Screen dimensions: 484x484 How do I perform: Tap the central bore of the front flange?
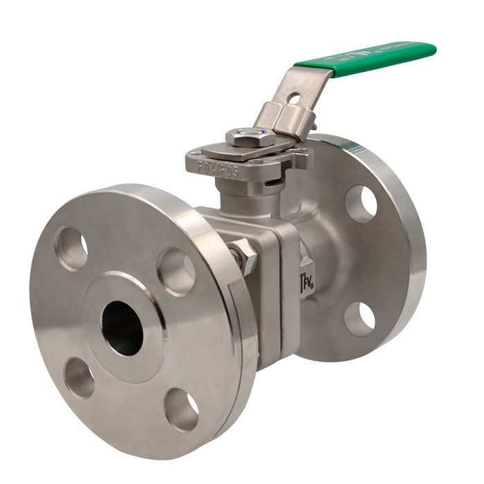tap(122, 328)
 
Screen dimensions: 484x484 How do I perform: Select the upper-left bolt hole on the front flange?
tap(71, 248)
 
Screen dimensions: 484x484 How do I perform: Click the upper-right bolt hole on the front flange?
tap(176, 271)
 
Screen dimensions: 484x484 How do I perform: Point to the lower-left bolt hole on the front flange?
tap(79, 378)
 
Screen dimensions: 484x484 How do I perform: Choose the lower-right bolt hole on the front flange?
tap(181, 410)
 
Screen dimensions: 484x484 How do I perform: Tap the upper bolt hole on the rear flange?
tap(360, 203)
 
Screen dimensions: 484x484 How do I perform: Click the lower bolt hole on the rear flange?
tap(359, 319)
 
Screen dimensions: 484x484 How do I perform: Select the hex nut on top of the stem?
tap(250, 137)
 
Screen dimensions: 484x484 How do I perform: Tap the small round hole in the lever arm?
tap(294, 98)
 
